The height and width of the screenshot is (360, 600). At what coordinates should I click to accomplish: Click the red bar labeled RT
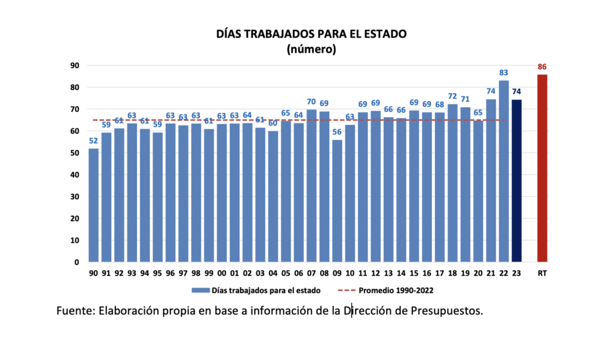[542, 168]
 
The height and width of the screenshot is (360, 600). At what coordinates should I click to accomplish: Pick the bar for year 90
[93, 205]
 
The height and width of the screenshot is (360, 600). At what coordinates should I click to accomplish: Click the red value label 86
[542, 67]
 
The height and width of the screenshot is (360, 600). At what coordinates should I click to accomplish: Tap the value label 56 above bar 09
[337, 133]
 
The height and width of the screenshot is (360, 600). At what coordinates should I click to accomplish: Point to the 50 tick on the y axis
[75, 153]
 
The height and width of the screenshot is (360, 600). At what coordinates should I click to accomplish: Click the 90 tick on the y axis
[75, 66]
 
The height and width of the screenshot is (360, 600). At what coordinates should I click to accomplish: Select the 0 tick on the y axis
[77, 262]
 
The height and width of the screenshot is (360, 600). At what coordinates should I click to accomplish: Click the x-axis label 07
[311, 273]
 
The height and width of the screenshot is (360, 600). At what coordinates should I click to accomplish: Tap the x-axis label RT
[542, 273]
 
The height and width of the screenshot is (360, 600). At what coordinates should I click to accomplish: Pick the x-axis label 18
[452, 273]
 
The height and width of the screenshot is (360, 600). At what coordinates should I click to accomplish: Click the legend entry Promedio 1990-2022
[396, 290]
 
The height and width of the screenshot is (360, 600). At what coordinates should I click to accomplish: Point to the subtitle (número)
[311, 49]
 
